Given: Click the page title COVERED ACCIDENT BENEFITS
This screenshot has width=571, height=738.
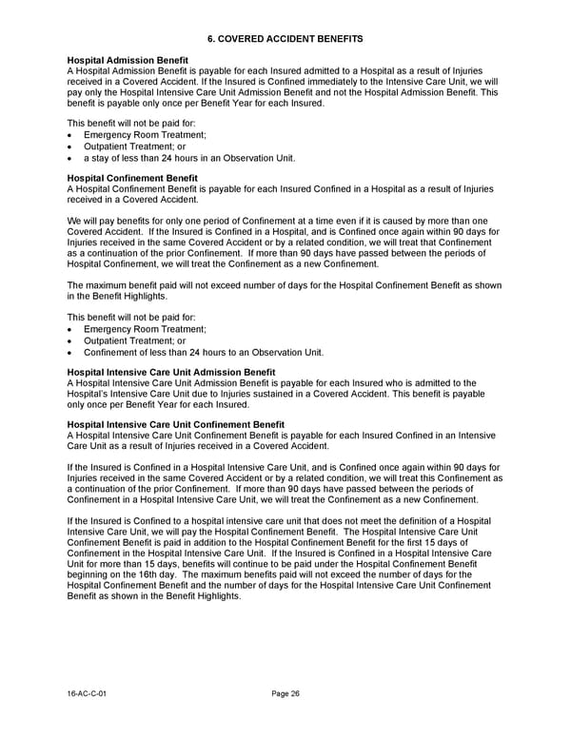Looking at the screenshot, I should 291,37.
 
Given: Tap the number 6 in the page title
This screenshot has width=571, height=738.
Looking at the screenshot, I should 211,37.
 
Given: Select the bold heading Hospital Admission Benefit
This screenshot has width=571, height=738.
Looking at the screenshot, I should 128,61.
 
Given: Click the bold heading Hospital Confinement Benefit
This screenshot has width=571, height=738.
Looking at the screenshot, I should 132,178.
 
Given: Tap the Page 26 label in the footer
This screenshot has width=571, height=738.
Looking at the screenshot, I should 285,694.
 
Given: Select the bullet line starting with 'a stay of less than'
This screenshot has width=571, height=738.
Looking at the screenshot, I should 189,158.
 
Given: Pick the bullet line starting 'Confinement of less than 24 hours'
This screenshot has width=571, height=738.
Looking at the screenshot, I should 204,353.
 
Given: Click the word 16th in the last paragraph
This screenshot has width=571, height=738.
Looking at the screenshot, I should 145,574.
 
